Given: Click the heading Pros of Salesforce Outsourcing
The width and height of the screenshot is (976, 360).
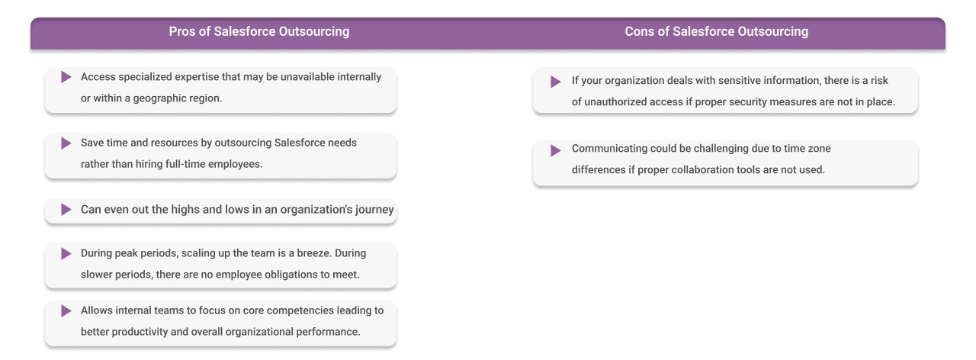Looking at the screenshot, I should [x=258, y=32].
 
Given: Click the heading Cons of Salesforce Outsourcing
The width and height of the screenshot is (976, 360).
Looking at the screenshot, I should [x=716, y=32].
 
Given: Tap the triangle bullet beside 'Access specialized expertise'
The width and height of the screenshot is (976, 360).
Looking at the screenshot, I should [x=66, y=77].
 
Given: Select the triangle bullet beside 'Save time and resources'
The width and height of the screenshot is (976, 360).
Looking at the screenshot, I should [x=66, y=143].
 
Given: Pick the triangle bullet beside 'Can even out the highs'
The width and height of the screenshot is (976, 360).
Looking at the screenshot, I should [x=66, y=209].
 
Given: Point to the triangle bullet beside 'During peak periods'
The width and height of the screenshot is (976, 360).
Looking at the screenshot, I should [x=66, y=253].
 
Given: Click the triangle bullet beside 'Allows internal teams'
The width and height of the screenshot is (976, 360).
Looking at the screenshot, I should [x=66, y=310].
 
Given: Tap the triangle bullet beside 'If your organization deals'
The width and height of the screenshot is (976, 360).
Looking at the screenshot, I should [x=556, y=82].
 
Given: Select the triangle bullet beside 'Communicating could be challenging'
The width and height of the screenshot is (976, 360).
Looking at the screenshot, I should [x=556, y=150].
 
